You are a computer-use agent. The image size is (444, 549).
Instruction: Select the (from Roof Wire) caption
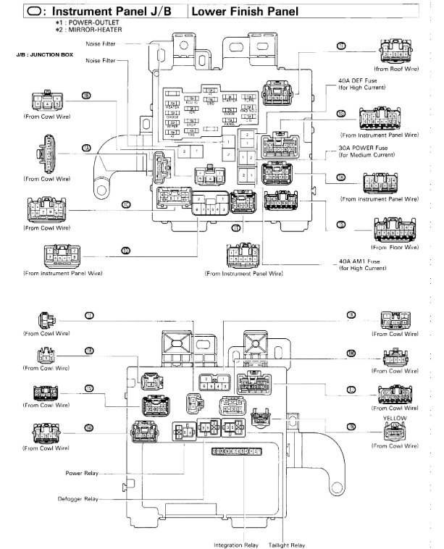[x=398, y=69]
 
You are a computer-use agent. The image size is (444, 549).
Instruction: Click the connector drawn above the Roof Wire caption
[x=397, y=53]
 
